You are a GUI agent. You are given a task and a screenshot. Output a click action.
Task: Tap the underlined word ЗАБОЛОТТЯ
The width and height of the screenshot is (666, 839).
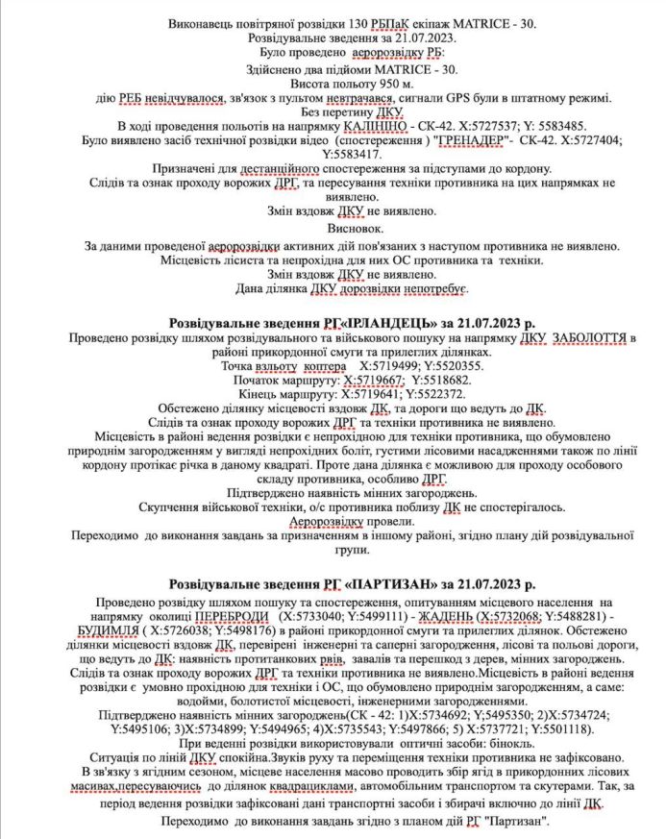click(587, 338)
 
